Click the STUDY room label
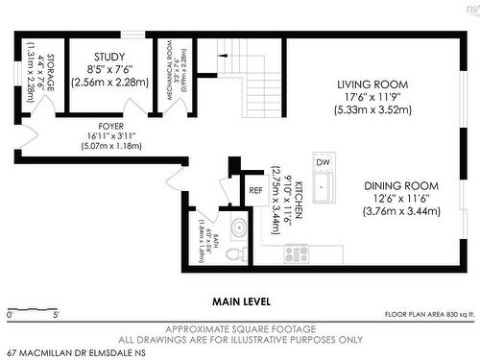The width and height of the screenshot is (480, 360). [x=110, y=58]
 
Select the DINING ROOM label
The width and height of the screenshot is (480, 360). [x=401, y=185]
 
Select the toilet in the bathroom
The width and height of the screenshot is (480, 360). [x=232, y=255]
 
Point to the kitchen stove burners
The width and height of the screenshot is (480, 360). [x=297, y=253]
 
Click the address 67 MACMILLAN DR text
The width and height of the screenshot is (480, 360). [x=72, y=352]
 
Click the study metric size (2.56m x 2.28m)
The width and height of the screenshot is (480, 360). [x=110, y=83]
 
